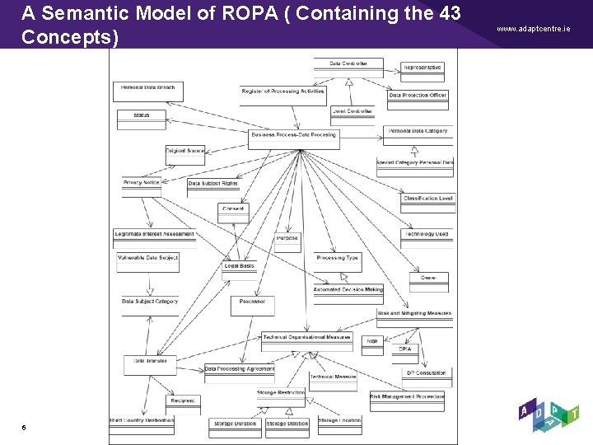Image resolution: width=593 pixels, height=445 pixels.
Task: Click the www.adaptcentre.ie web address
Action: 533,28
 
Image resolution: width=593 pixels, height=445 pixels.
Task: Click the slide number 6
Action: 24,427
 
